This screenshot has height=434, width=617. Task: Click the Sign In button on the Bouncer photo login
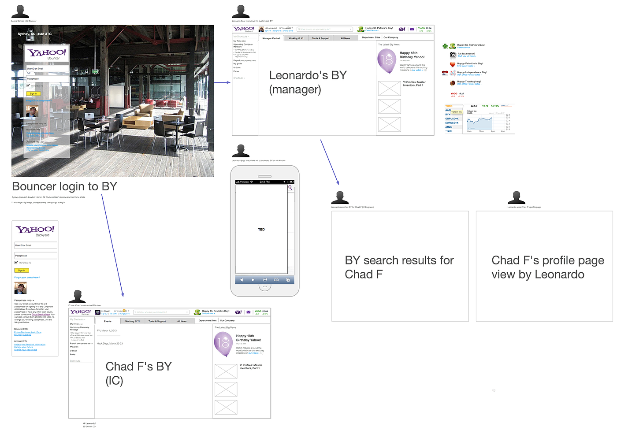pos(33,93)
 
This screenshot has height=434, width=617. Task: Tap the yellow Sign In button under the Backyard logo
pos(21,271)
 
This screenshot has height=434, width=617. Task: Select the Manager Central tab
pos(271,38)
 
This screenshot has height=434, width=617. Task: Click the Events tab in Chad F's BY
pos(108,321)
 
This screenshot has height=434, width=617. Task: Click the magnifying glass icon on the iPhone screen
pos(290,188)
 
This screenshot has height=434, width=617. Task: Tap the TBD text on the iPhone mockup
pos(261,230)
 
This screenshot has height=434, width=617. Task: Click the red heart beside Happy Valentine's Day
pos(453,64)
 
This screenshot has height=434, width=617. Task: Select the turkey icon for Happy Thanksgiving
pos(453,82)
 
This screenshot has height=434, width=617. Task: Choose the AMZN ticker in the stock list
pos(449,127)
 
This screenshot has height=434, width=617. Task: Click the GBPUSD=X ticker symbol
pos(452,119)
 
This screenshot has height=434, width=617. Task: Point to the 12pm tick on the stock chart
pos(481,131)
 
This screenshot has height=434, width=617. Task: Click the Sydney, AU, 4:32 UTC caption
pos(34,34)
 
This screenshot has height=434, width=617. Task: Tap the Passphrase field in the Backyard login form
pos(36,256)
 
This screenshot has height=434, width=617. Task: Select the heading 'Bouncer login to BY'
pos(64,186)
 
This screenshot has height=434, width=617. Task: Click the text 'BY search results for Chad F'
pos(399,267)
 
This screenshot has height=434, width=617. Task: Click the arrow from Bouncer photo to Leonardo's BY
pos(223,82)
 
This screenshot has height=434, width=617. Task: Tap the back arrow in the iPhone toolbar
pos(241,280)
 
